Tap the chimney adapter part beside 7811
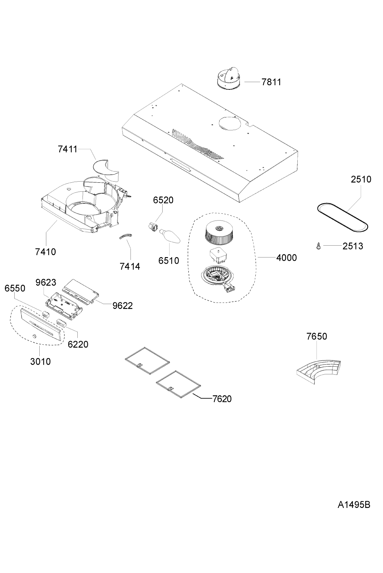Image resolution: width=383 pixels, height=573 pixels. click(228, 79)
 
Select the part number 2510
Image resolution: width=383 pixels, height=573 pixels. click(361, 179)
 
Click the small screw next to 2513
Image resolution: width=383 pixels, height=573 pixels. click(318, 246)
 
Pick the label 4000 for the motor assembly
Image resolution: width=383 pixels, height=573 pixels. click(287, 258)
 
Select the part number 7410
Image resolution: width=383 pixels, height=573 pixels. click(45, 252)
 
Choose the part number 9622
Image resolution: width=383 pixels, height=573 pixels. click(122, 305)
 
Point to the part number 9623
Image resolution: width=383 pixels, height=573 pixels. click(46, 282)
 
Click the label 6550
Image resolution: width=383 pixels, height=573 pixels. click(15, 288)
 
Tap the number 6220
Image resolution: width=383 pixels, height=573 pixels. click(78, 344)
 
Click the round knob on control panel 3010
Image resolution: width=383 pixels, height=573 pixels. click(34, 336)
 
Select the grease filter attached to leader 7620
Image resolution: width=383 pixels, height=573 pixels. click(179, 384)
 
